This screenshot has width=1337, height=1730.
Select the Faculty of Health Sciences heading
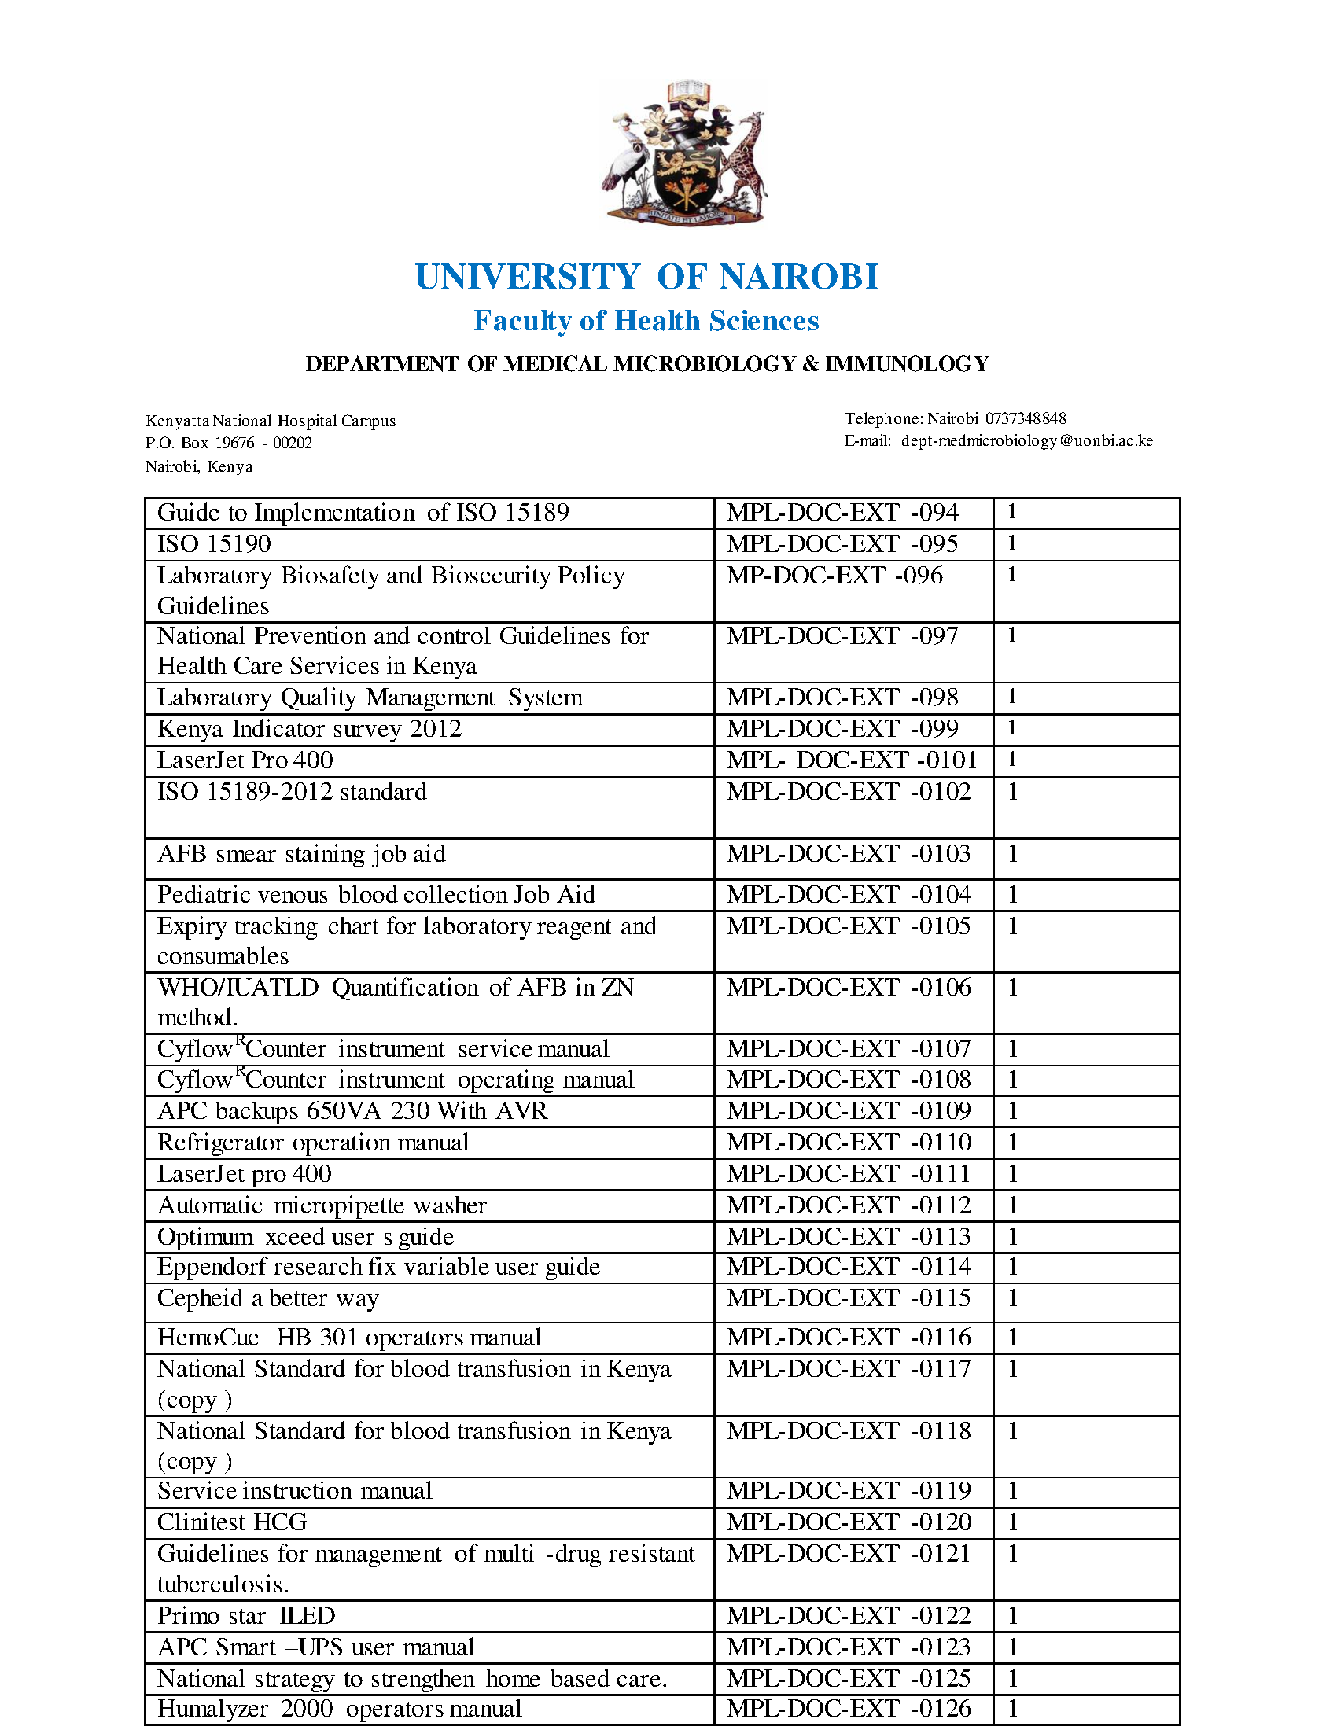click(x=646, y=321)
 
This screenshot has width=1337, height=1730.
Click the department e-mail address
click(x=1026, y=440)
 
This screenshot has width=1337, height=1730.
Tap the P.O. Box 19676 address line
click(x=229, y=443)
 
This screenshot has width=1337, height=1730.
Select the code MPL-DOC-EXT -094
click(x=842, y=513)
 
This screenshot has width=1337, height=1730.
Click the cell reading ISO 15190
click(x=214, y=544)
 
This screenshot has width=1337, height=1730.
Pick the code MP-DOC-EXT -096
click(x=834, y=576)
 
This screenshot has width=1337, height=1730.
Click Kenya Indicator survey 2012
click(x=309, y=729)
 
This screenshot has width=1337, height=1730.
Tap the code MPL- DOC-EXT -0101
click(x=852, y=760)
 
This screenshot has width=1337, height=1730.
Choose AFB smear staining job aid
click(x=301, y=854)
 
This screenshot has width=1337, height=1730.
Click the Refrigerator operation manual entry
click(x=313, y=1143)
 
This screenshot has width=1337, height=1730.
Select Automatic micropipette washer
click(x=322, y=1205)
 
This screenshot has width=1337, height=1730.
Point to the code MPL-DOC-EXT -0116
click(x=849, y=1338)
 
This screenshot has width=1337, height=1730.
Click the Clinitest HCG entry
click(x=232, y=1522)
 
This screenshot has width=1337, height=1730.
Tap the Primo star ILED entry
click(x=245, y=1616)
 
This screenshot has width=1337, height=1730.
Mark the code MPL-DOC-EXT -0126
click(x=849, y=1709)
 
